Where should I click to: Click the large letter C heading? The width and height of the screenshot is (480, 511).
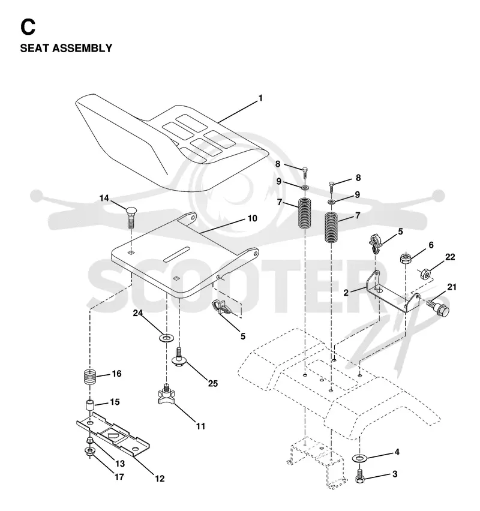28,27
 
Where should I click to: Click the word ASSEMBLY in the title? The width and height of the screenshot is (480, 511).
83,48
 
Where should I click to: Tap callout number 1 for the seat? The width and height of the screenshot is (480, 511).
260,98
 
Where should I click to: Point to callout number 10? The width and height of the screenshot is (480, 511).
253,218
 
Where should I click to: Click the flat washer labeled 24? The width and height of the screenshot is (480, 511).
167,338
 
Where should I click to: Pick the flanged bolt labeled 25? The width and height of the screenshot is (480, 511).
179,357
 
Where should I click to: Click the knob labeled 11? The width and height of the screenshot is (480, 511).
166,393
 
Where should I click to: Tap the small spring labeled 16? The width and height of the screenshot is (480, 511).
89,377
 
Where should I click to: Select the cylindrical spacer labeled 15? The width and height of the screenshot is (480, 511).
89,405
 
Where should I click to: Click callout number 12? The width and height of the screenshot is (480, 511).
160,479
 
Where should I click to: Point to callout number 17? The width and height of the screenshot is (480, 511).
119,477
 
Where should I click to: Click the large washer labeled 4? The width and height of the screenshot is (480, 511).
359,459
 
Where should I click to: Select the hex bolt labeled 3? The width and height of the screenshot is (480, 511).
359,476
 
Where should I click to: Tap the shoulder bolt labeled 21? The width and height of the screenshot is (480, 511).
438,308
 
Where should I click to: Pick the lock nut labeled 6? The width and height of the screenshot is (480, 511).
405,258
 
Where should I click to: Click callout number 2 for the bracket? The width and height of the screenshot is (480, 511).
346,293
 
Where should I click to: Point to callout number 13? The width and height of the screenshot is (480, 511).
120,463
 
